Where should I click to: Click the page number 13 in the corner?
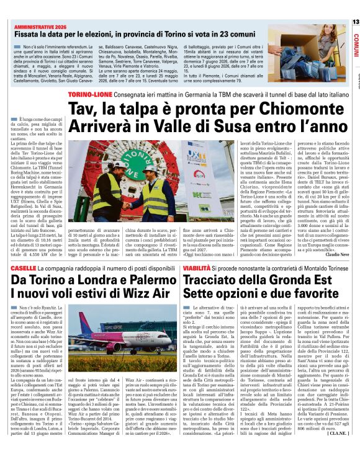355,22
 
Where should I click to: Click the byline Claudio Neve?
336,236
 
